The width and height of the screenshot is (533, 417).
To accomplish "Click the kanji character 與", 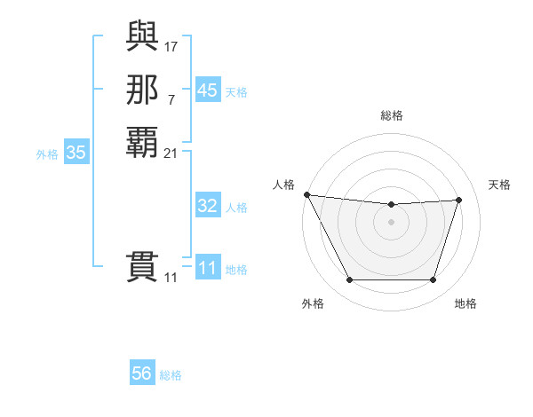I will coord(142,38).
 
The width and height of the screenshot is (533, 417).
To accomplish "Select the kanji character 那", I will coord(142,90).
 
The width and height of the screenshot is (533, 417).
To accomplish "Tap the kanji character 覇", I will coord(142,142).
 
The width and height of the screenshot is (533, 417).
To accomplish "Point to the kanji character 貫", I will coord(142,267).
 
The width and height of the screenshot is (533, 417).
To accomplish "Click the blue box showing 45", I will coord(207,90).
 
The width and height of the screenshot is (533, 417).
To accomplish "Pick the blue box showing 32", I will coord(207,206).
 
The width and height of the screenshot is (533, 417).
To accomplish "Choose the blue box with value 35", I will coord(76,153).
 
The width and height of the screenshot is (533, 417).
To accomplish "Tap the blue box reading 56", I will coord(142,374).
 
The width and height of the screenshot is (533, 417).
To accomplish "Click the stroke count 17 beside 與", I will coord(171,45).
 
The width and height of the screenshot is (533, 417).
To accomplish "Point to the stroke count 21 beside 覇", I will coord(171,153).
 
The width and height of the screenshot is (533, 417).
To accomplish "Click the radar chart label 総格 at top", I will coord(392,115).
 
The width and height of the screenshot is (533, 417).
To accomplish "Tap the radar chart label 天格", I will coord(499,185).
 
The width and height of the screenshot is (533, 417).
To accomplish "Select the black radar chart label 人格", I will coord(283,185).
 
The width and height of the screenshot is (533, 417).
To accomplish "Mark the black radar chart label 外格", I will coord(313,303).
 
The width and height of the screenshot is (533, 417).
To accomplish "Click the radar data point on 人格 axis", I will coord(306,194).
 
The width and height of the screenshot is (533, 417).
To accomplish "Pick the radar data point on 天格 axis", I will coord(459,200).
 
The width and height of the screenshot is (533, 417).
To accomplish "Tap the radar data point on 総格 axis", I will coord(392,205).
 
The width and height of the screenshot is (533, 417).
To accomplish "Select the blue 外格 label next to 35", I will coord(47,153).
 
